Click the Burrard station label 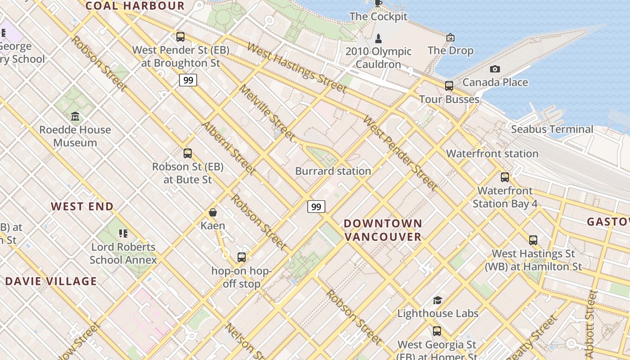(x=333, y=171)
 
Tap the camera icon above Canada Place (x=495, y=69)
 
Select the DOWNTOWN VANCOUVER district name (x=383, y=230)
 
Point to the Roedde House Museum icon (x=75, y=117)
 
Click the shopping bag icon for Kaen (x=213, y=212)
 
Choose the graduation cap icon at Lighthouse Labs (x=437, y=300)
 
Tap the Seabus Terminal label (x=552, y=130)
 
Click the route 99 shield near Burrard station (x=316, y=207)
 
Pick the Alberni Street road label (x=229, y=148)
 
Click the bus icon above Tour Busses (x=449, y=85)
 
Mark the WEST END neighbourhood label (x=82, y=207)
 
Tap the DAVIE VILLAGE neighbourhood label (x=51, y=282)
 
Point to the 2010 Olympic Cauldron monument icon (x=378, y=38)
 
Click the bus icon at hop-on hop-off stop (x=242, y=257)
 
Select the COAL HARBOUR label (x=135, y=6)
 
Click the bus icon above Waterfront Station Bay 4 (x=505, y=177)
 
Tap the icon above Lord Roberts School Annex (x=123, y=233)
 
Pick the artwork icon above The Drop (x=450, y=37)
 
